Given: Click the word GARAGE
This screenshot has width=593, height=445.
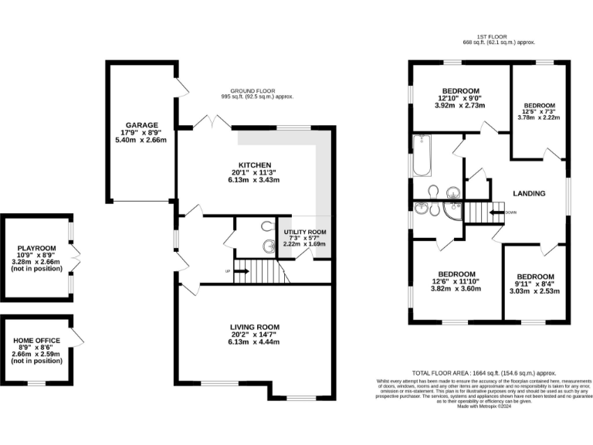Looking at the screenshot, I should tap(142, 124).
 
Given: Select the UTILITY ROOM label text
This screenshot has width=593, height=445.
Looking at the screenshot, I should tap(305, 231).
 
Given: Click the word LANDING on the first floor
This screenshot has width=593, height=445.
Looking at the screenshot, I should tap(529, 193).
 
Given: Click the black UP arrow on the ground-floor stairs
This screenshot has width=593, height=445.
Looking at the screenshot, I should tap(240, 271).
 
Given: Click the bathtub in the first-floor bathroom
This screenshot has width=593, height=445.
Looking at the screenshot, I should tap(422, 155).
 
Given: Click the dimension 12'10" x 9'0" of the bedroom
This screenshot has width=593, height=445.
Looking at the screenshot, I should tap(460, 98).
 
